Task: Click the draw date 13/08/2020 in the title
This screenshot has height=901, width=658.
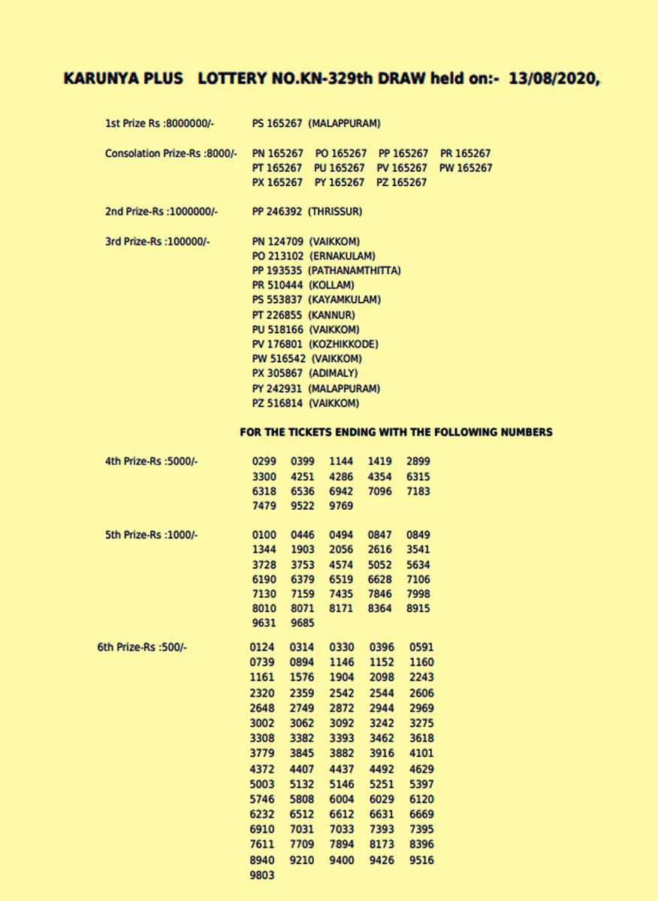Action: click(x=553, y=79)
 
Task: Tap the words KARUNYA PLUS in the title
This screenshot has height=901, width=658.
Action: click(x=124, y=79)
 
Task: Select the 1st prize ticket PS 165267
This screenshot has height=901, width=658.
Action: click(x=277, y=123)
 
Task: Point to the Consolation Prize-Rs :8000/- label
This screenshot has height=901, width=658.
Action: click(x=170, y=153)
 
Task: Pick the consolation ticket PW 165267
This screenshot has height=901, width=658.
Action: click(x=466, y=168)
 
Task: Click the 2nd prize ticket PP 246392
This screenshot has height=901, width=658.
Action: click(x=277, y=212)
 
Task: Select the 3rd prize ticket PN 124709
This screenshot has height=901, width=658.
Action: click(x=278, y=242)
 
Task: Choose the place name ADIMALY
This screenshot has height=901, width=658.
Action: click(x=333, y=374)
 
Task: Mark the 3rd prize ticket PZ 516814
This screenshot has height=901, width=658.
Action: click(x=277, y=404)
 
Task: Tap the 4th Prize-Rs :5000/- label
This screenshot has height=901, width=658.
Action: click(x=151, y=462)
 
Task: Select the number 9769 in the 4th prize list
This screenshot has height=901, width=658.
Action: click(x=341, y=506)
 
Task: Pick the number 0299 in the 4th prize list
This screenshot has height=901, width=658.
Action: click(x=264, y=462)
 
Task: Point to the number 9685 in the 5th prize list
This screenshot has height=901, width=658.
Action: click(x=303, y=623)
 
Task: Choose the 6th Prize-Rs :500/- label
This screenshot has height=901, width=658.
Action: click(x=142, y=647)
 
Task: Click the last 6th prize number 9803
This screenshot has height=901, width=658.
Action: click(x=262, y=875)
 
